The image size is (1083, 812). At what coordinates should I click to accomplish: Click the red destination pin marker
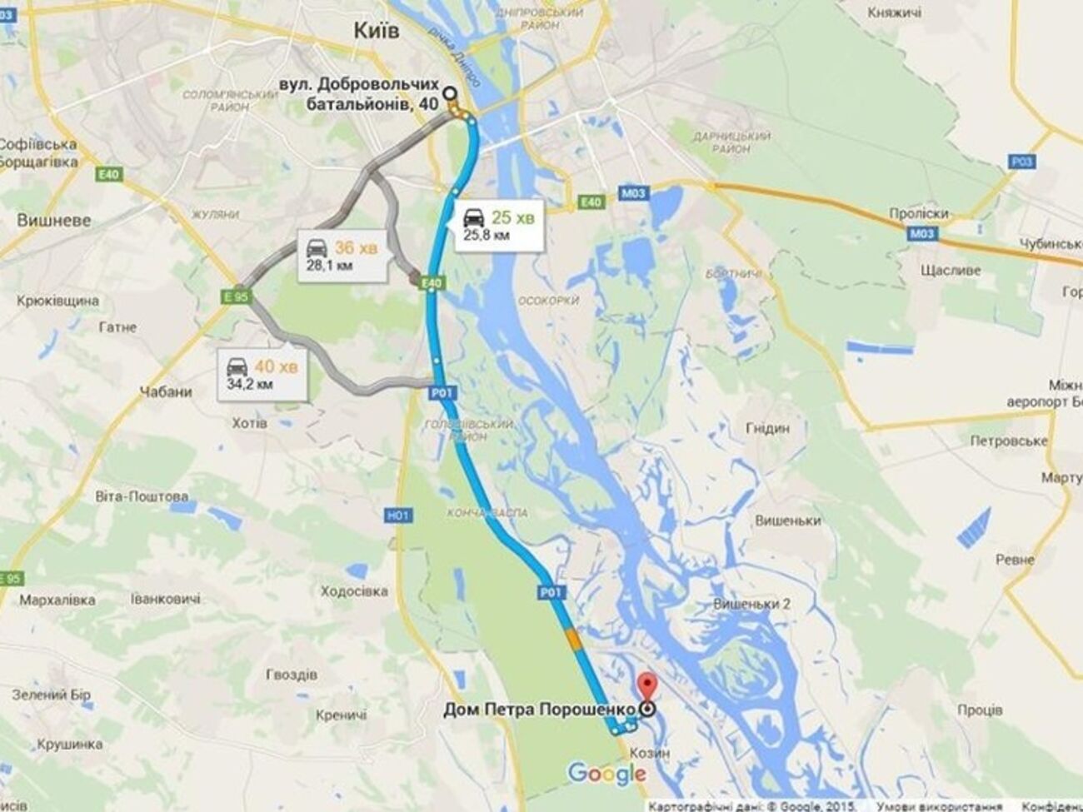point(646,689)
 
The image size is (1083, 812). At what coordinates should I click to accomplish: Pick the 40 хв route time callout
point(261,374)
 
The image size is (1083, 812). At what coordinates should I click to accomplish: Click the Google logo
point(606,774)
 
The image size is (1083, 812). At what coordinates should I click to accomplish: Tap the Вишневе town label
point(54,221)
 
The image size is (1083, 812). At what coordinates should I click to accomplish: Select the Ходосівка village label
point(354,591)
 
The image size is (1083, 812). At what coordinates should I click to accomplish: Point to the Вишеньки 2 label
point(752,604)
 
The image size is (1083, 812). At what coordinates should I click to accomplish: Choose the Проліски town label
point(919,213)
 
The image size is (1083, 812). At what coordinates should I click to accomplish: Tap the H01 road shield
point(399,516)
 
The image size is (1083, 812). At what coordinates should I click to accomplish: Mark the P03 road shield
point(1021,162)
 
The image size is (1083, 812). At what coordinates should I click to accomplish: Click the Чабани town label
point(166,392)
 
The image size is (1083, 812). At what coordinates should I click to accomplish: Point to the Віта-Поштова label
point(142,496)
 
